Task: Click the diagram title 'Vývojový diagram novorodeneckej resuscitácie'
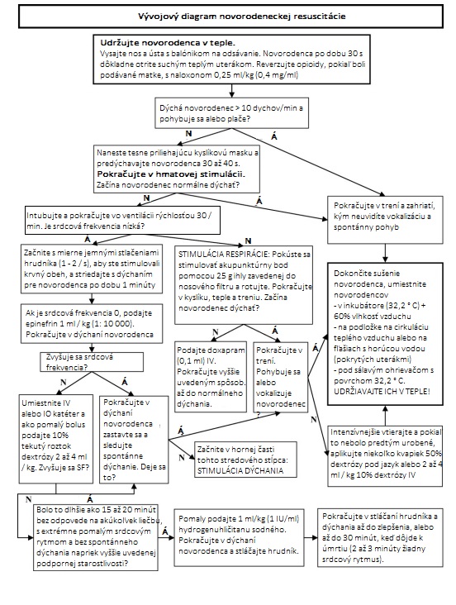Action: click(x=229, y=16)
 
